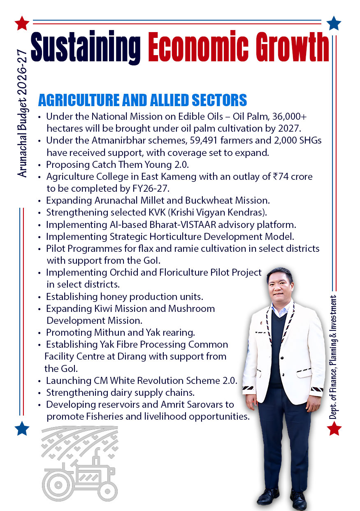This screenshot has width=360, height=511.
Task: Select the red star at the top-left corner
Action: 21,23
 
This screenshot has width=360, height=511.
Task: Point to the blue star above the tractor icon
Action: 22,428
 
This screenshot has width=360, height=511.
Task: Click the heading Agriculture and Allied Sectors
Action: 142,100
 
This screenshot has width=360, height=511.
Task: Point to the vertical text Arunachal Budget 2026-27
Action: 23,113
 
